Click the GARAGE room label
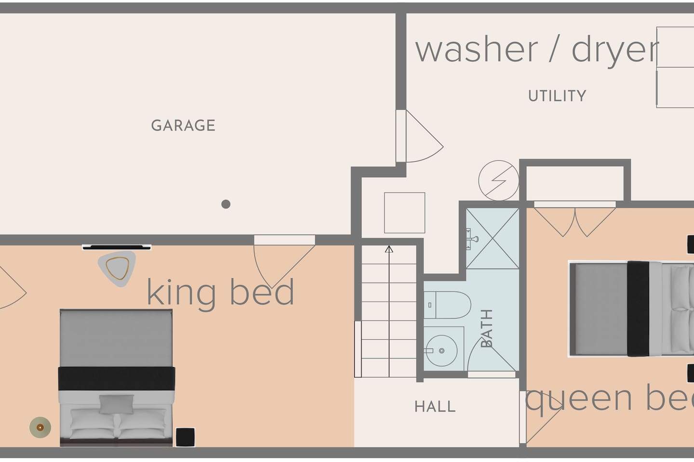click(x=183, y=125)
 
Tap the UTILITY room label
click(x=557, y=96)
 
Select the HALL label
click(x=435, y=406)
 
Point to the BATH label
click(x=486, y=328)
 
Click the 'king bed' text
click(x=220, y=293)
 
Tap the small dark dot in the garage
click(x=226, y=204)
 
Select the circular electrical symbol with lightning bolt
click(x=498, y=180)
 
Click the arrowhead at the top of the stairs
click(x=389, y=249)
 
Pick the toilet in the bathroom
click(x=447, y=305)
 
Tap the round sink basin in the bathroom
click(x=441, y=351)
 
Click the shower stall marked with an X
click(x=493, y=238)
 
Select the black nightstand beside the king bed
click(x=185, y=437)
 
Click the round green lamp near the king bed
click(x=40, y=427)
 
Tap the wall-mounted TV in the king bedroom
click(x=117, y=247)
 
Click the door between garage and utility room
click(x=419, y=136)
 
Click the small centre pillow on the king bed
click(x=117, y=404)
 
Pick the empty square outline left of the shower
click(x=405, y=213)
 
